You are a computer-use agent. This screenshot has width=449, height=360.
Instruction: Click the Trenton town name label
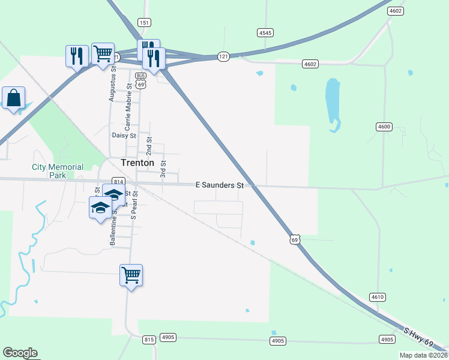[x=137, y=163]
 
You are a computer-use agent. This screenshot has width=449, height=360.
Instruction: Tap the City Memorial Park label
[x=58, y=172]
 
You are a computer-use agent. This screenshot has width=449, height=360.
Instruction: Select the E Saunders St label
[x=220, y=186]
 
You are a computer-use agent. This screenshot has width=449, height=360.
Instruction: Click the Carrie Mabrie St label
[x=127, y=108]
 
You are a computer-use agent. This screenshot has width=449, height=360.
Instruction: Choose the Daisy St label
[x=124, y=135]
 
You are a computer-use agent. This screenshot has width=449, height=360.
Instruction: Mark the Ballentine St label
[x=112, y=230]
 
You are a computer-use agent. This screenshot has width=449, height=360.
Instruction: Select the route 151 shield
[x=144, y=22]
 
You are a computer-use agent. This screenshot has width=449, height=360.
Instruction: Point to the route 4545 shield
[x=265, y=32]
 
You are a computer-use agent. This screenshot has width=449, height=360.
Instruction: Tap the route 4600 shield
[x=384, y=127]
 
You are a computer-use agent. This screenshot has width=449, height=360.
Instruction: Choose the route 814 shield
[x=118, y=182]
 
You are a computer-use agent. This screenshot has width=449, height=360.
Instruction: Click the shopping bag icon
[x=13, y=98]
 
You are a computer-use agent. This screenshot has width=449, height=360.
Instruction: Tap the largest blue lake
[x=332, y=102]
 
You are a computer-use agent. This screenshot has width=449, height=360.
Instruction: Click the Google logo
[x=20, y=353]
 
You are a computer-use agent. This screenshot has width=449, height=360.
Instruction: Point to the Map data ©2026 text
[x=423, y=355]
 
